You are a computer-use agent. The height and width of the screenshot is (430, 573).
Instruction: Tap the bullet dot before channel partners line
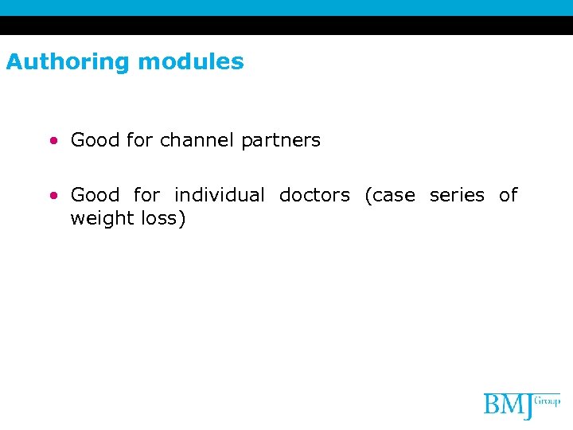(53, 141)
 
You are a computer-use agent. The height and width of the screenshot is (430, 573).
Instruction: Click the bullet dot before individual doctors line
(53, 195)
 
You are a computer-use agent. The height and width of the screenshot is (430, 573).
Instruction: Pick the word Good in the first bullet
(95, 140)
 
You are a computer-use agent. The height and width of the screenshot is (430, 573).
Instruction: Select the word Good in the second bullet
(95, 195)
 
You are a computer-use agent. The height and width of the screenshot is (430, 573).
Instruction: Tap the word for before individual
(146, 195)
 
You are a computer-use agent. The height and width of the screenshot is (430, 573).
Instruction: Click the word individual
(219, 195)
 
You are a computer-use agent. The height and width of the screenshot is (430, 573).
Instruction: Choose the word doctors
(314, 195)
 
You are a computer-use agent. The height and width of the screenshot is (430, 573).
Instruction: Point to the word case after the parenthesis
(392, 195)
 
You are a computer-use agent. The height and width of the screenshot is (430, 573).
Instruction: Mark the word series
(457, 195)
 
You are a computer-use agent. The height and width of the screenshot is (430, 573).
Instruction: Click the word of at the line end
(508, 195)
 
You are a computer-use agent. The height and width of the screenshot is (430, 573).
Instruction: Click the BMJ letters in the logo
(509, 406)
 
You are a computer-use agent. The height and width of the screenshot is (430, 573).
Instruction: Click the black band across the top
(286, 25)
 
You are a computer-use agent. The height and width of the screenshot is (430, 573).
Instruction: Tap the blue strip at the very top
(286, 7)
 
